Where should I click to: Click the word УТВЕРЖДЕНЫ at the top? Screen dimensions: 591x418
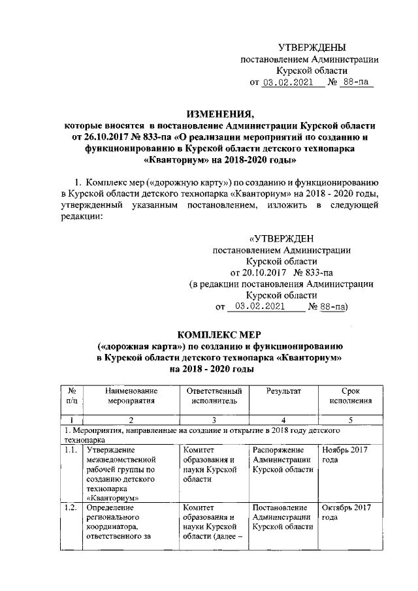[312, 47]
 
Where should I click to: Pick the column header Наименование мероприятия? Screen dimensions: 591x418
[131, 395]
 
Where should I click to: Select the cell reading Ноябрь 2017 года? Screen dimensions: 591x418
[344, 455]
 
